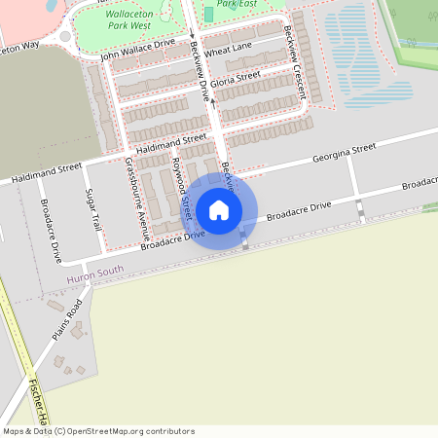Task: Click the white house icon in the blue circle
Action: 219,210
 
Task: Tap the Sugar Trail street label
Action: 94,208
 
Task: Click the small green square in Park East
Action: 208,15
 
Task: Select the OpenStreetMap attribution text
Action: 98,431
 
